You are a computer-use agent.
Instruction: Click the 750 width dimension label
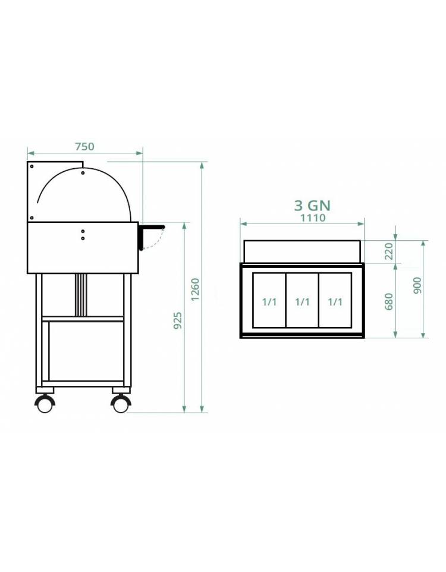84,146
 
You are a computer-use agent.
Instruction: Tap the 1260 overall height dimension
196,290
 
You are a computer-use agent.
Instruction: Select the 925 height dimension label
177,320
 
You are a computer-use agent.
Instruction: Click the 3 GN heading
312,205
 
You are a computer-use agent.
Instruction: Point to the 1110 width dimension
313,218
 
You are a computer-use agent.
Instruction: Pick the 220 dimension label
390,251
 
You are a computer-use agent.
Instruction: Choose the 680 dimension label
390,301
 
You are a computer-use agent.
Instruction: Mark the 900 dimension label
417,285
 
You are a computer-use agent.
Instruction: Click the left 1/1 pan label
269,302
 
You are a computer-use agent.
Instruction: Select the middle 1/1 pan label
302,302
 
